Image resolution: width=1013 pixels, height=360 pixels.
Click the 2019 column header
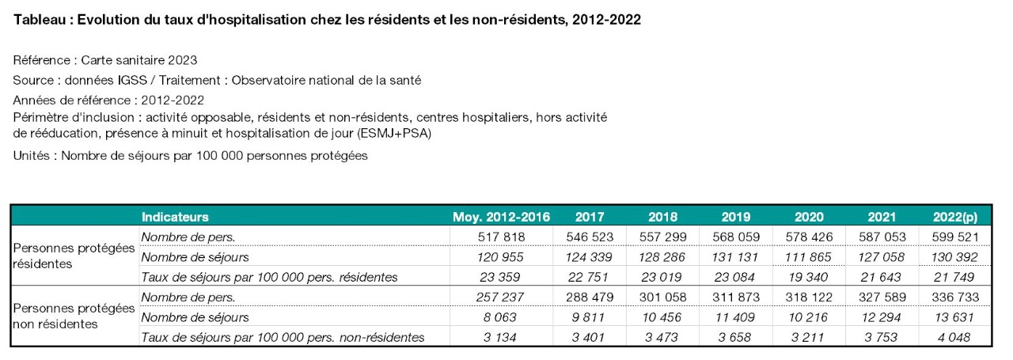coord(736,217)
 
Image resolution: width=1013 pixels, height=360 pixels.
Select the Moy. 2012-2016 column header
coord(501,217)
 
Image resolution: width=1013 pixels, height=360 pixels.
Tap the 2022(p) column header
coord(955,218)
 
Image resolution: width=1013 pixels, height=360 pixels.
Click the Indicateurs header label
coord(175,217)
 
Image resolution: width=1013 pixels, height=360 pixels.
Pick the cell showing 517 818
coord(501,237)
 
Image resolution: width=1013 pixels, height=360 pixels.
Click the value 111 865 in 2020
coord(808,257)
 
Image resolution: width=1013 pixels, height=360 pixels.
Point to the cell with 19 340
coord(808,277)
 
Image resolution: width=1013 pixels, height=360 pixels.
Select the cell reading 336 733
coord(955,297)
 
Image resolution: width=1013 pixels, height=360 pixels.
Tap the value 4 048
coord(954,337)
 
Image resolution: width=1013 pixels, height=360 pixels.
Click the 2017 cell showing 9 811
coord(588,317)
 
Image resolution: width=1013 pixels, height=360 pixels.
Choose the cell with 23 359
coord(499,277)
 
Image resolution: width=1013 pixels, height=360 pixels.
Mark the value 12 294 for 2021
coord(881,317)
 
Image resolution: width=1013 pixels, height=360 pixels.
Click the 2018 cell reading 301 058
coord(662,297)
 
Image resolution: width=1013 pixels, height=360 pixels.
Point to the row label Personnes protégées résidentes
coord(74,256)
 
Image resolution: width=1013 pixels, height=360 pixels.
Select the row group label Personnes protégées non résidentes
coord(74,316)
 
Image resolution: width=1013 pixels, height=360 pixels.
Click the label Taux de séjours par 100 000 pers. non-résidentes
coord(283,337)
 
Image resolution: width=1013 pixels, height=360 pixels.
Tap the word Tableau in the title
coord(40,20)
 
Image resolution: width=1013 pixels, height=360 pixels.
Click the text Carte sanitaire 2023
coord(138,60)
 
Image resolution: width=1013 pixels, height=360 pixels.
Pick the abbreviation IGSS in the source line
coord(132,80)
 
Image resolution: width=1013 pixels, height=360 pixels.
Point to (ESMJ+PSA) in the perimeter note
coord(394,134)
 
